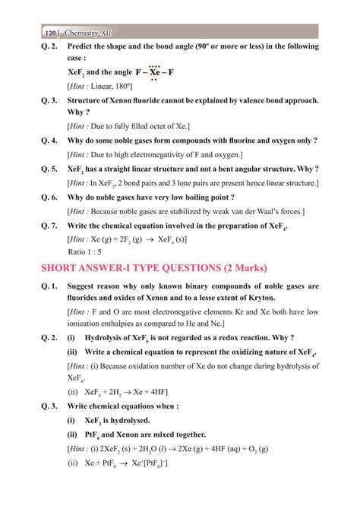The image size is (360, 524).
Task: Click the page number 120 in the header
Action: [50, 33]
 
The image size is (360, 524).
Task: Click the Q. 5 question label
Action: [51, 169]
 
